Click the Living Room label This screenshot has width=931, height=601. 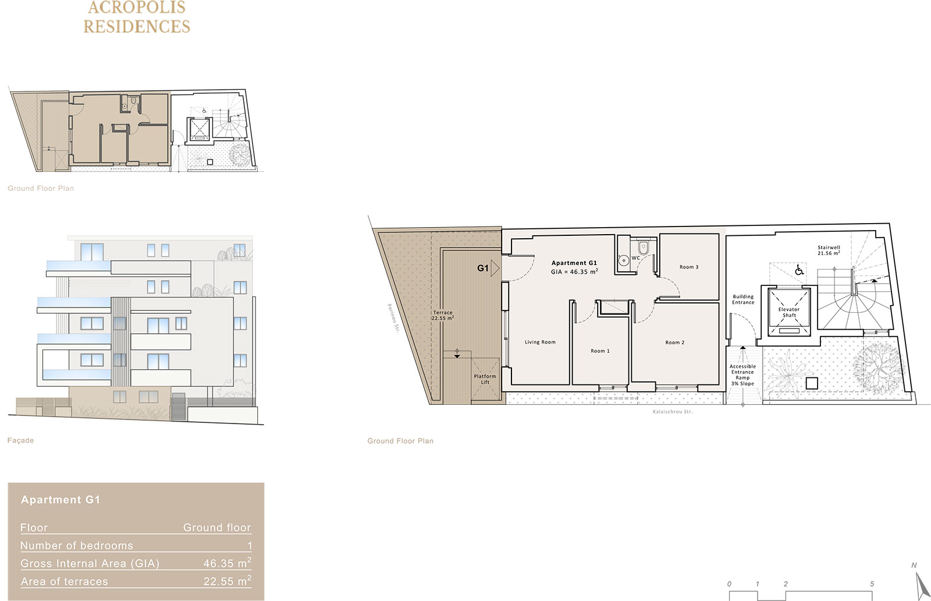(540, 342)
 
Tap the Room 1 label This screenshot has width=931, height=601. (600, 351)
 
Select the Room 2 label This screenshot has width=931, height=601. (674, 342)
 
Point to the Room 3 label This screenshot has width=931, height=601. (689, 267)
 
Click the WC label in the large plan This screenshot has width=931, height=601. (636, 258)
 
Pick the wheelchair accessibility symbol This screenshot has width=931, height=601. (799, 270)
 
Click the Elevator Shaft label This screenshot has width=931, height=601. (789, 312)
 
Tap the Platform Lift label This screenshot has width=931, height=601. (485, 379)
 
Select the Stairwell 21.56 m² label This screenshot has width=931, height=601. (829, 250)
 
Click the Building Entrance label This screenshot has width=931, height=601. (743, 299)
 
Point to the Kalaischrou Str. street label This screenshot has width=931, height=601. (673, 412)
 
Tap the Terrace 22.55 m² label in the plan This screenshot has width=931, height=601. (443, 315)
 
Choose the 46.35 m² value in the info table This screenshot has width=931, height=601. (228, 563)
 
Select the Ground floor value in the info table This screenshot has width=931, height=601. (217, 528)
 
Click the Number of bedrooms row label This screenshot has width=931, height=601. (76, 545)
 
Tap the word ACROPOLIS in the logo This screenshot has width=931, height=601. (137, 7)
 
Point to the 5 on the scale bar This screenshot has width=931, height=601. (872, 584)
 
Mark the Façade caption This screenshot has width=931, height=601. (20, 440)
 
